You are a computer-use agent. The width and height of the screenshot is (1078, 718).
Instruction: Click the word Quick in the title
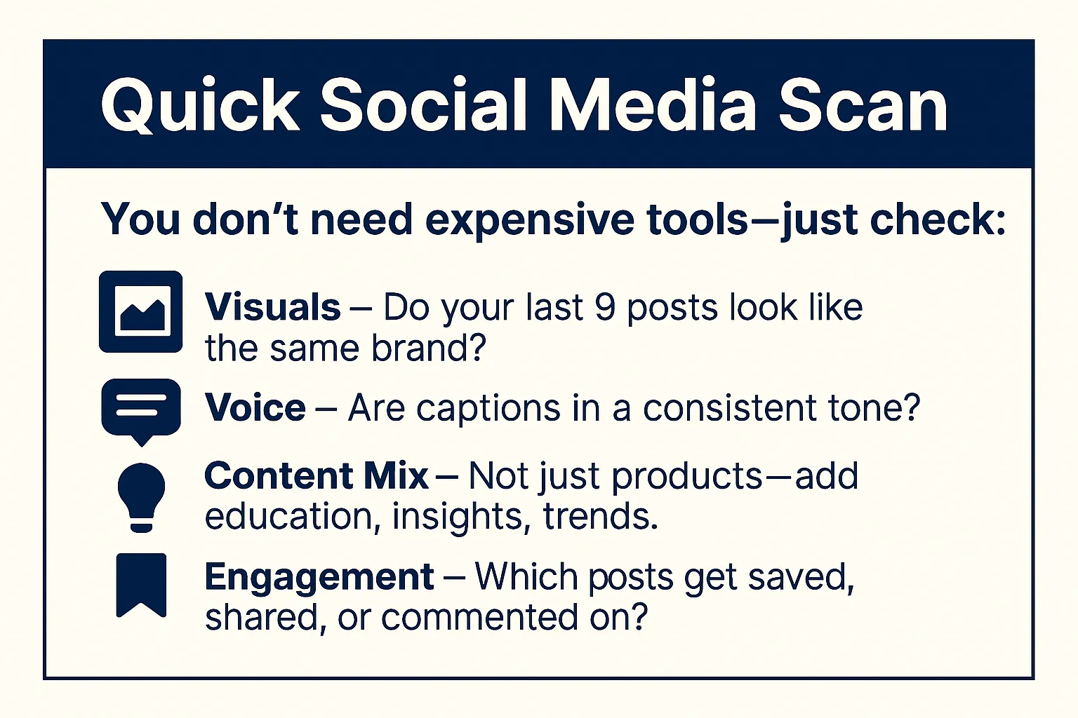pos(200,106)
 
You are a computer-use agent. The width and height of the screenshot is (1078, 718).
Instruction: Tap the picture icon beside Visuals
pos(141,312)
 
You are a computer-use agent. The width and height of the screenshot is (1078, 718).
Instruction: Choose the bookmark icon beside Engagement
pos(141,585)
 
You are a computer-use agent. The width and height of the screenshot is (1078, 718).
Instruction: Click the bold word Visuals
pos(272,307)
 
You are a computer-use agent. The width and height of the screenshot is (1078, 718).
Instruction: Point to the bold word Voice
pos(255,408)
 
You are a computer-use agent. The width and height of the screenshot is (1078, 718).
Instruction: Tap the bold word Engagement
pos(319,577)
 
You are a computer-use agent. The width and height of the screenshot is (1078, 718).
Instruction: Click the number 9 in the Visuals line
pos(604,307)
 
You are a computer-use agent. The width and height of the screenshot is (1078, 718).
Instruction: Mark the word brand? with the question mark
pos(429,348)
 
